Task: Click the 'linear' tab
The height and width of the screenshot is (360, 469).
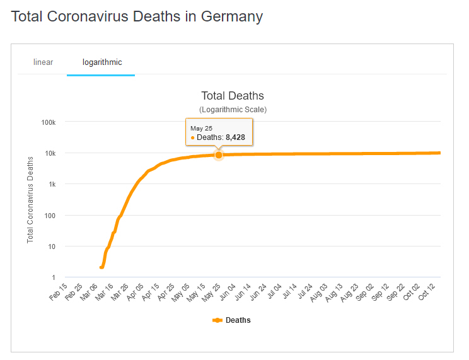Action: [x=43, y=62]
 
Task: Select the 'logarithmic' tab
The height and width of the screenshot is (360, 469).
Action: [x=102, y=62]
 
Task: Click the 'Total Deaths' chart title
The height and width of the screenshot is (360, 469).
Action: [x=233, y=96]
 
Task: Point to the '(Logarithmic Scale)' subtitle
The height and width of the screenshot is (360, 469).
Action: [x=233, y=110]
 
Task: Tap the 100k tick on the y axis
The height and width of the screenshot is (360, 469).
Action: [x=49, y=122]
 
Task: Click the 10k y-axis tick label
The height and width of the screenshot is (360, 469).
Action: [x=50, y=153]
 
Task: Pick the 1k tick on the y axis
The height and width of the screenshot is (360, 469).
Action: [x=52, y=184]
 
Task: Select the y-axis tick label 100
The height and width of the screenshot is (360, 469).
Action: [x=50, y=215]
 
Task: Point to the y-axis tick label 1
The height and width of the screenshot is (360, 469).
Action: [x=54, y=277]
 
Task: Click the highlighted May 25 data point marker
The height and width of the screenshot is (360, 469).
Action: [x=219, y=155]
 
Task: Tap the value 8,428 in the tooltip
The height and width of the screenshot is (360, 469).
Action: [x=235, y=137]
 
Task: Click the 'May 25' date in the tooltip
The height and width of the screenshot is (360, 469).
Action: [x=202, y=128]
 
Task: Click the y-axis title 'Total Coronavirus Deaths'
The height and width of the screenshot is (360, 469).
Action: [x=30, y=200]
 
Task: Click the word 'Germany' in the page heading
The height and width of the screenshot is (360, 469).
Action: [x=231, y=16]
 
